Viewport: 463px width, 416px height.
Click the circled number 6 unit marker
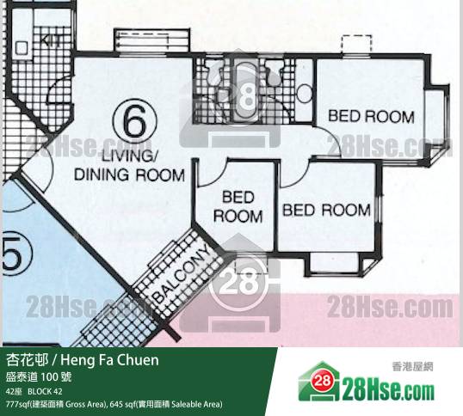tap(134, 123)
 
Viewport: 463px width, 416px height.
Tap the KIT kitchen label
tap(51, 40)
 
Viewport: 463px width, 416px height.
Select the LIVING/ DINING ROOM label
tap(129, 166)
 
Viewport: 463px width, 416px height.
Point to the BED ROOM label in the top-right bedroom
tap(371, 116)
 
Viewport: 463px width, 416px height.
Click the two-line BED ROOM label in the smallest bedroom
tap(238, 206)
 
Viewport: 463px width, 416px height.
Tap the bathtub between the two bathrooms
tap(245, 90)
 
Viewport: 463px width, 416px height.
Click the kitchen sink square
tap(22, 48)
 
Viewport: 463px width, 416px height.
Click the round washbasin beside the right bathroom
tap(304, 94)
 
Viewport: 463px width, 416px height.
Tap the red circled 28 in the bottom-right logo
tap(323, 381)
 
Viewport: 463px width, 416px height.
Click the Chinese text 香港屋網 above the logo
tap(412, 367)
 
